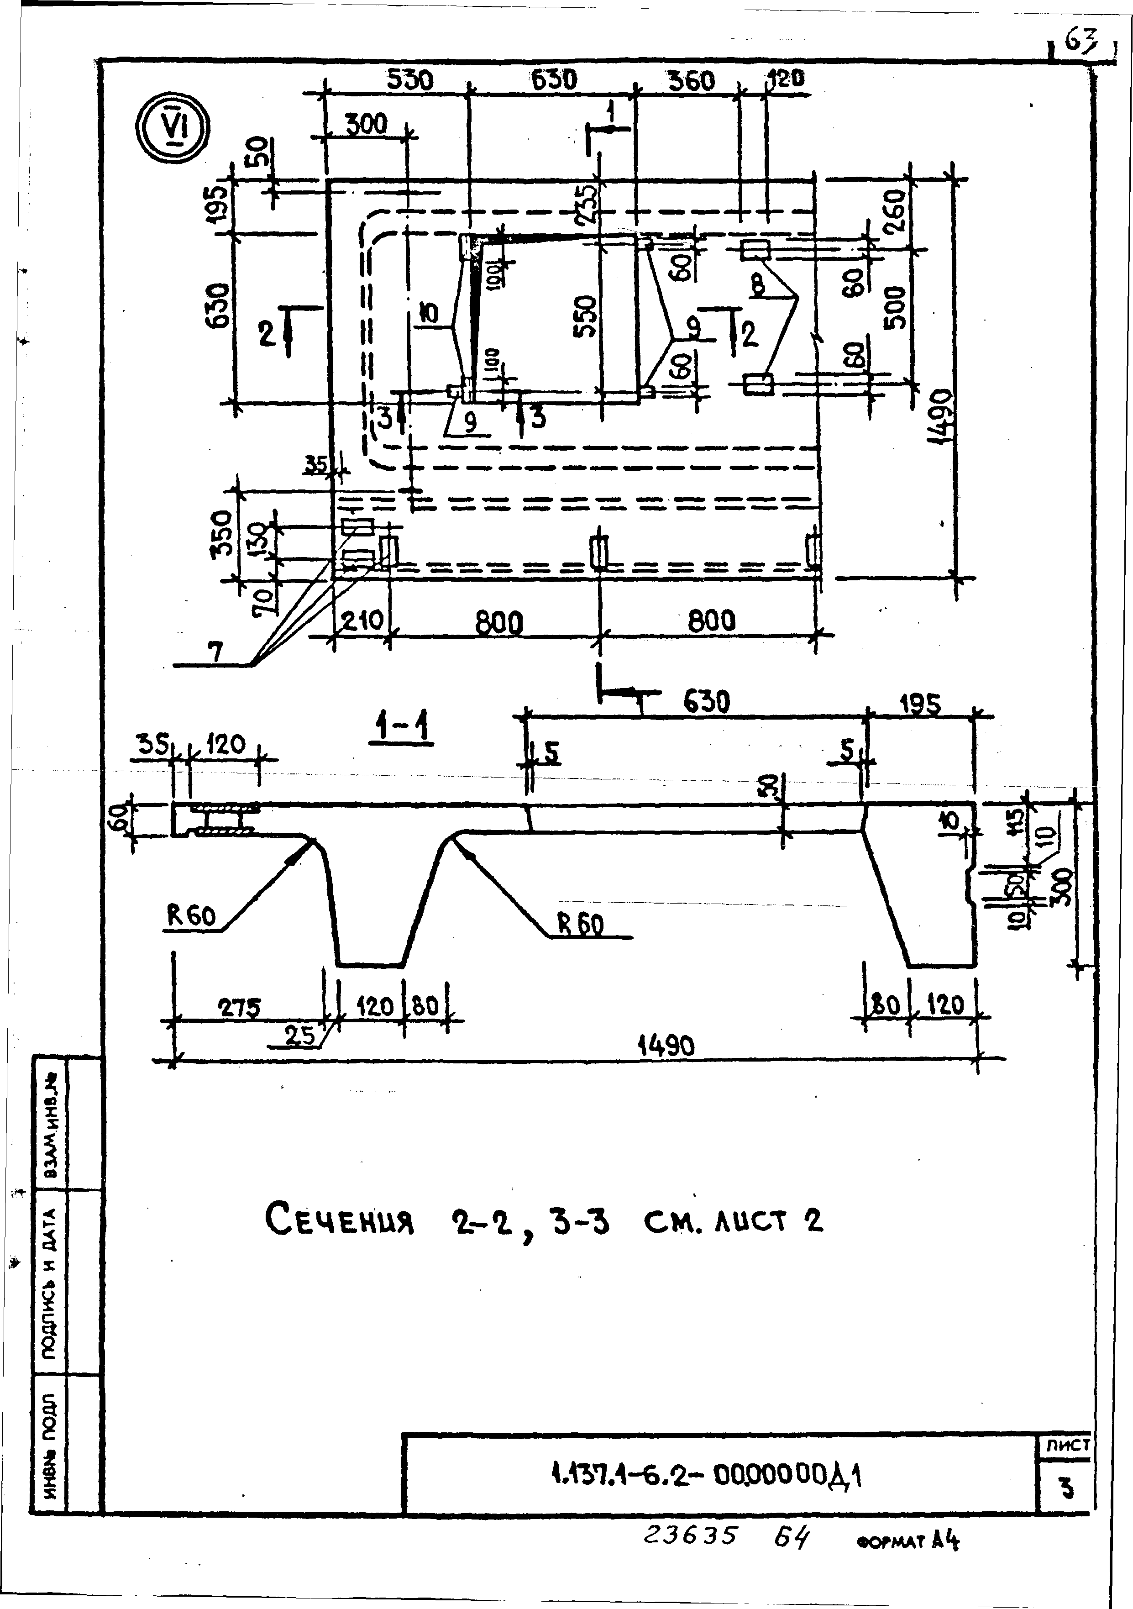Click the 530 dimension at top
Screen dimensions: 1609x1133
(x=410, y=81)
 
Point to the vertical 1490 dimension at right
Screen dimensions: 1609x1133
(x=942, y=416)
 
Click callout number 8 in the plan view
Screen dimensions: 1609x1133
(x=757, y=284)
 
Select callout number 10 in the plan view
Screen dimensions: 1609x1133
(x=429, y=314)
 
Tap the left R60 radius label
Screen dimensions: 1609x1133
(x=191, y=916)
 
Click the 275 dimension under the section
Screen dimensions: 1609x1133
(x=239, y=1008)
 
